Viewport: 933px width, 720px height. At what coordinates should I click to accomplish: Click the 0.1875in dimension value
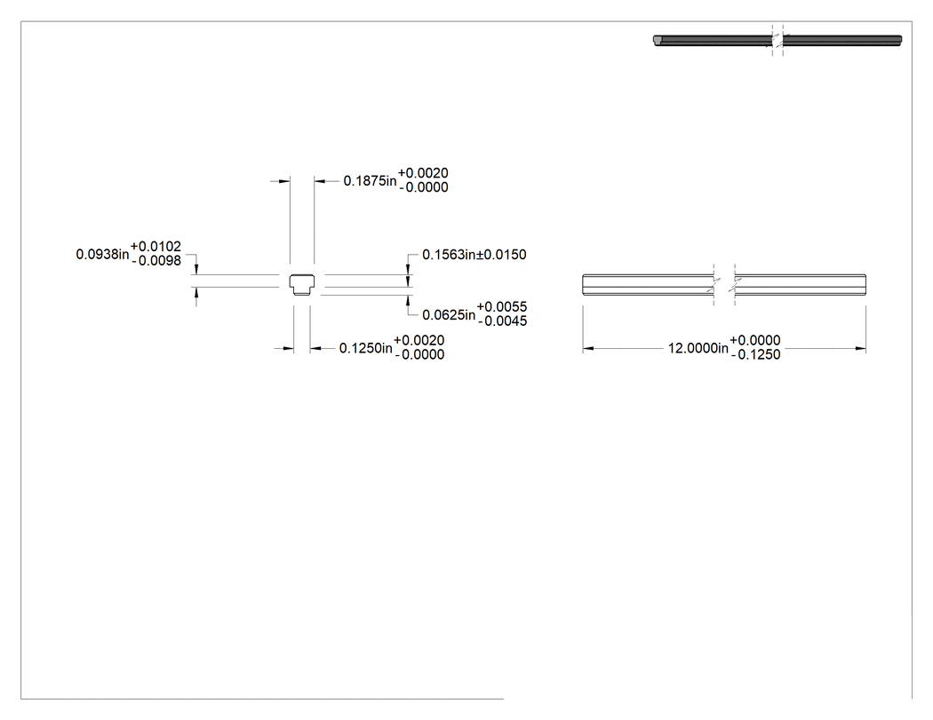[370, 181]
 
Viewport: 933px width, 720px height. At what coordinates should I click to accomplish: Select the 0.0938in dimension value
[102, 255]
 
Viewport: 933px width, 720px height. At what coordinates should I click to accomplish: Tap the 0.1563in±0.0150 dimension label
[474, 255]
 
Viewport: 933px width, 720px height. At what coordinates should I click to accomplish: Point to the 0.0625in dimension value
[449, 314]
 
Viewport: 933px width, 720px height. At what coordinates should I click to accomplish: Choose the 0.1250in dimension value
[365, 348]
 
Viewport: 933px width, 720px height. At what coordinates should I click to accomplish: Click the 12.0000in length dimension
[698, 348]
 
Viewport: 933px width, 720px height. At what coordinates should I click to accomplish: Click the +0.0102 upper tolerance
[155, 246]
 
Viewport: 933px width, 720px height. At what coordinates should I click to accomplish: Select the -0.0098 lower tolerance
[156, 261]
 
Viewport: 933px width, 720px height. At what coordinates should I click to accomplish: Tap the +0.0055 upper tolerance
[502, 307]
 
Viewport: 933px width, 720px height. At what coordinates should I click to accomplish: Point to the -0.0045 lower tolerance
[503, 321]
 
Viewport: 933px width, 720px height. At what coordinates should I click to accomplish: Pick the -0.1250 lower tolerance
[755, 355]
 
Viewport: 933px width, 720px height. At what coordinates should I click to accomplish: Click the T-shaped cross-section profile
[302, 285]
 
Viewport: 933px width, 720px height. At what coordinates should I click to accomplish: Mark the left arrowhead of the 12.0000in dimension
[588, 348]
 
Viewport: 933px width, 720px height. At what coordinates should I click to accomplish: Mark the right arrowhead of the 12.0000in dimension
[860, 348]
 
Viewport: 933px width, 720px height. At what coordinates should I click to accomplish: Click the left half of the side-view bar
[649, 285]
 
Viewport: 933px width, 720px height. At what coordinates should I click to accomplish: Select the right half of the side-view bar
[801, 285]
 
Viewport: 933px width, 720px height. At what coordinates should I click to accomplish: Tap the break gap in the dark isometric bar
[777, 41]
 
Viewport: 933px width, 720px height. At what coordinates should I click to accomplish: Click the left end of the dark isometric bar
[658, 41]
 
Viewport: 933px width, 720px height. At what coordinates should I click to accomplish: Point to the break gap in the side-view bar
[725, 285]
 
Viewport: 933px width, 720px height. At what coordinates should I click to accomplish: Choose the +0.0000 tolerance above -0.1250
[755, 340]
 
